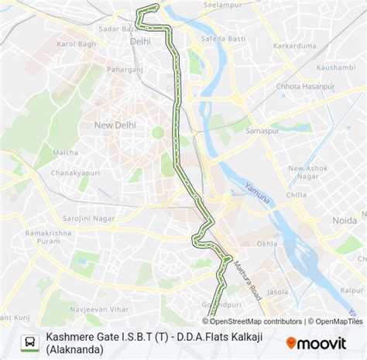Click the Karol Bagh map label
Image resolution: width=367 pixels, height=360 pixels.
[x=75, y=44]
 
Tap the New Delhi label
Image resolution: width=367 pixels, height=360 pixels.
[x=115, y=125]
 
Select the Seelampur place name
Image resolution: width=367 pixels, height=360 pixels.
[x=217, y=6]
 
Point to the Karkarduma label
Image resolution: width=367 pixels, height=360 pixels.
[x=296, y=45]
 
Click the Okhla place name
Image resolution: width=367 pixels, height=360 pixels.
[x=266, y=244]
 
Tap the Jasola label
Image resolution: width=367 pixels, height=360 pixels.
[x=277, y=293]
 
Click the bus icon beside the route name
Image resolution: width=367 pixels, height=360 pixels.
[x=29, y=342]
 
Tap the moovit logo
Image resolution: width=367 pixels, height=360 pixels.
[x=318, y=341]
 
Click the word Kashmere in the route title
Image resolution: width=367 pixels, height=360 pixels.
[x=70, y=338]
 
